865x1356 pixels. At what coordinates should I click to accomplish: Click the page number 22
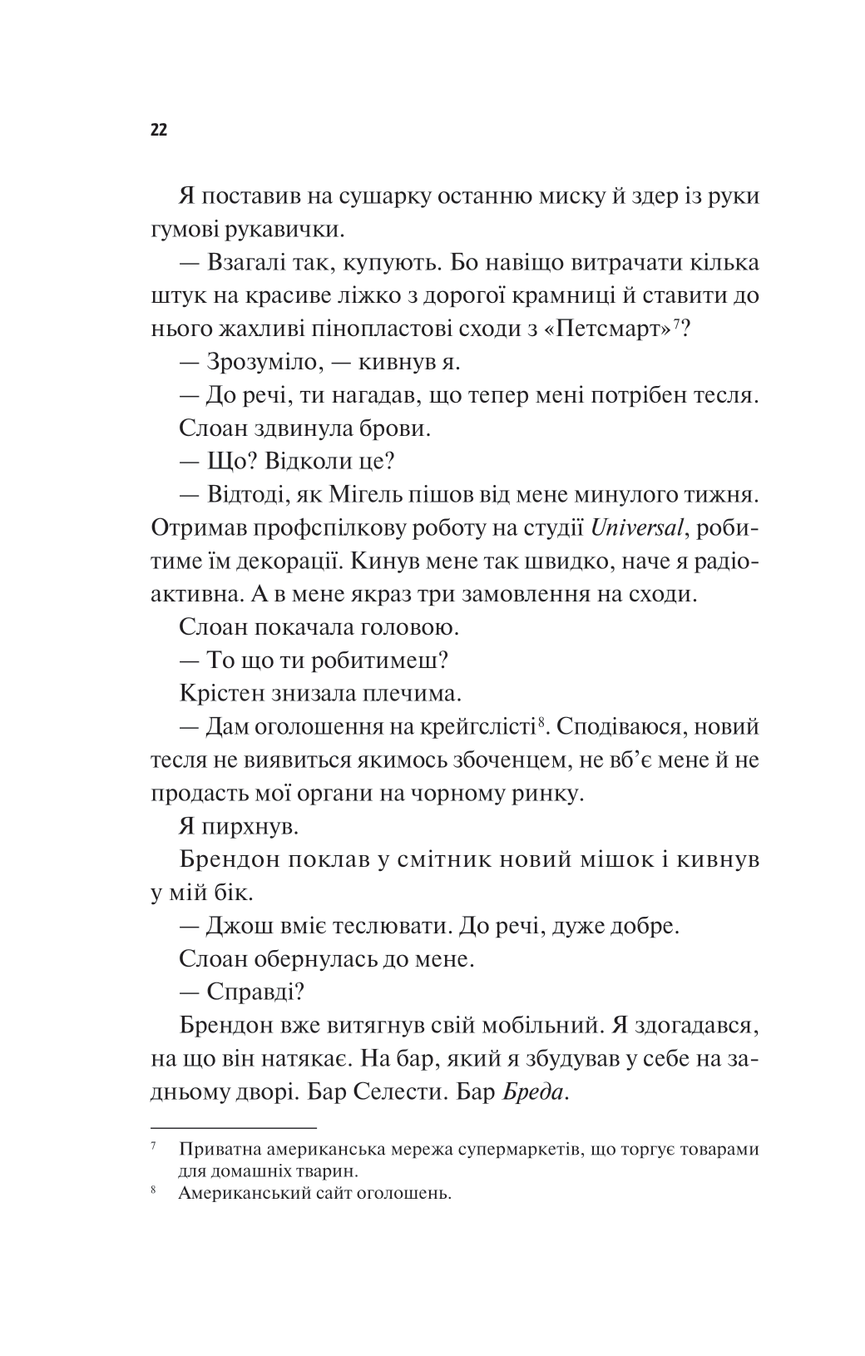point(159,130)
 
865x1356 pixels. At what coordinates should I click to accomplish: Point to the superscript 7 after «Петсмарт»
point(678,324)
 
